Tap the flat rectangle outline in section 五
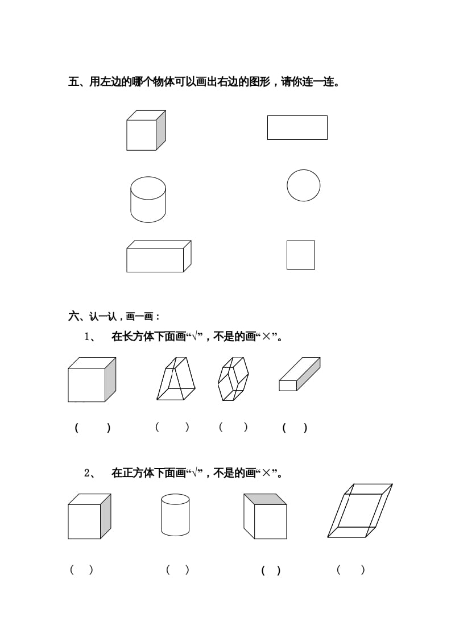tap(297, 127)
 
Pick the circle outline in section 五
tap(303, 185)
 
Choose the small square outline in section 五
tap(300, 255)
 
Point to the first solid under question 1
tap(91, 379)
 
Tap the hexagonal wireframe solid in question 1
tap(233, 379)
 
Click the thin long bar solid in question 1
tap(299, 374)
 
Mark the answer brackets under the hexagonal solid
tap(233, 428)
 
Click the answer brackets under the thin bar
tap(295, 428)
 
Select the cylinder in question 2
tap(175, 515)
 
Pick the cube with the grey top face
tap(265, 516)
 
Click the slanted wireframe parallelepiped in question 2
tap(360, 511)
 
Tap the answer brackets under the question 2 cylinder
tap(177, 569)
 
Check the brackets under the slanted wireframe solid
tap(350, 570)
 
